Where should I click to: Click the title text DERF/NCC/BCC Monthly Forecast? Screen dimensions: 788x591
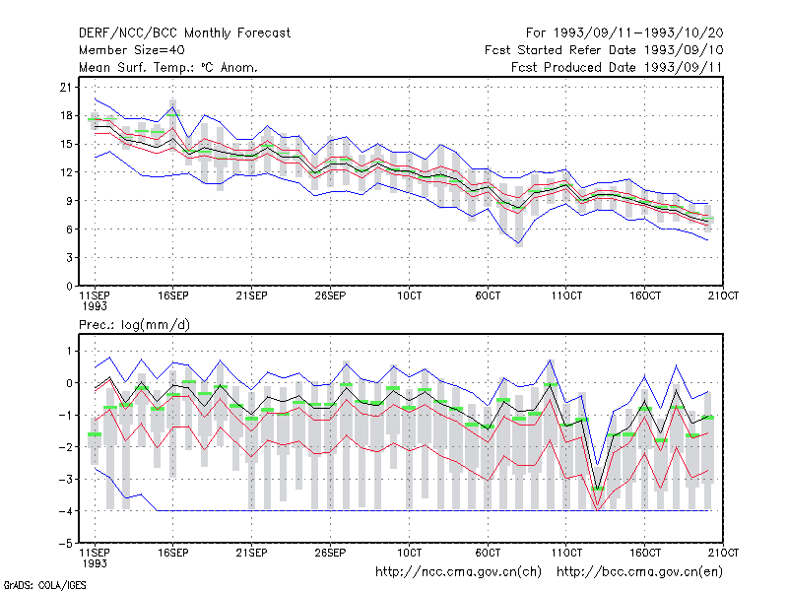(x=184, y=33)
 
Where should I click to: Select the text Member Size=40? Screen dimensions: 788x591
(x=132, y=50)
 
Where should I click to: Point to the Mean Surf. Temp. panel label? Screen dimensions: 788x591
(x=168, y=67)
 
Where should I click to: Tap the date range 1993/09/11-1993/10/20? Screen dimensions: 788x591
(x=638, y=33)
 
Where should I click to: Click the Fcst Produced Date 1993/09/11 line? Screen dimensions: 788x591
(x=617, y=67)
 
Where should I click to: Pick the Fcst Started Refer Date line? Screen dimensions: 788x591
(x=604, y=50)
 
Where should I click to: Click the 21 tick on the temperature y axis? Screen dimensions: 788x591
(x=66, y=88)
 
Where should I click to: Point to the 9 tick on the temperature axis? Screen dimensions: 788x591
(x=69, y=201)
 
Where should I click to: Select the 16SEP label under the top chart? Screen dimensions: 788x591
(x=173, y=295)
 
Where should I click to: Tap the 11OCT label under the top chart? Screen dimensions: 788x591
(x=566, y=295)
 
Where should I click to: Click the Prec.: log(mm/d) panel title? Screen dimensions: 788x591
(x=134, y=325)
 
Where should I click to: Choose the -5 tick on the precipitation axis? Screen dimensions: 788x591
(x=66, y=544)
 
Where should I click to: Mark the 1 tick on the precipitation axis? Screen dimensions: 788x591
(x=69, y=351)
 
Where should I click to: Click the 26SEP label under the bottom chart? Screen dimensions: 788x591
(x=330, y=553)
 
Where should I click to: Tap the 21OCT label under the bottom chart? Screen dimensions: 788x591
(x=723, y=553)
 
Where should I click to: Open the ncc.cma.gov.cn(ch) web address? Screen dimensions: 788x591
(x=458, y=572)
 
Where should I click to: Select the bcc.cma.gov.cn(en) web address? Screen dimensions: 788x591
(x=639, y=572)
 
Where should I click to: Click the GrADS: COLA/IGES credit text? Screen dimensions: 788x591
(x=44, y=585)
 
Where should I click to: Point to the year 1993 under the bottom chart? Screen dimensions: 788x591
(x=95, y=563)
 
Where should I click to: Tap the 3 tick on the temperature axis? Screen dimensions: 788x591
(x=69, y=258)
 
